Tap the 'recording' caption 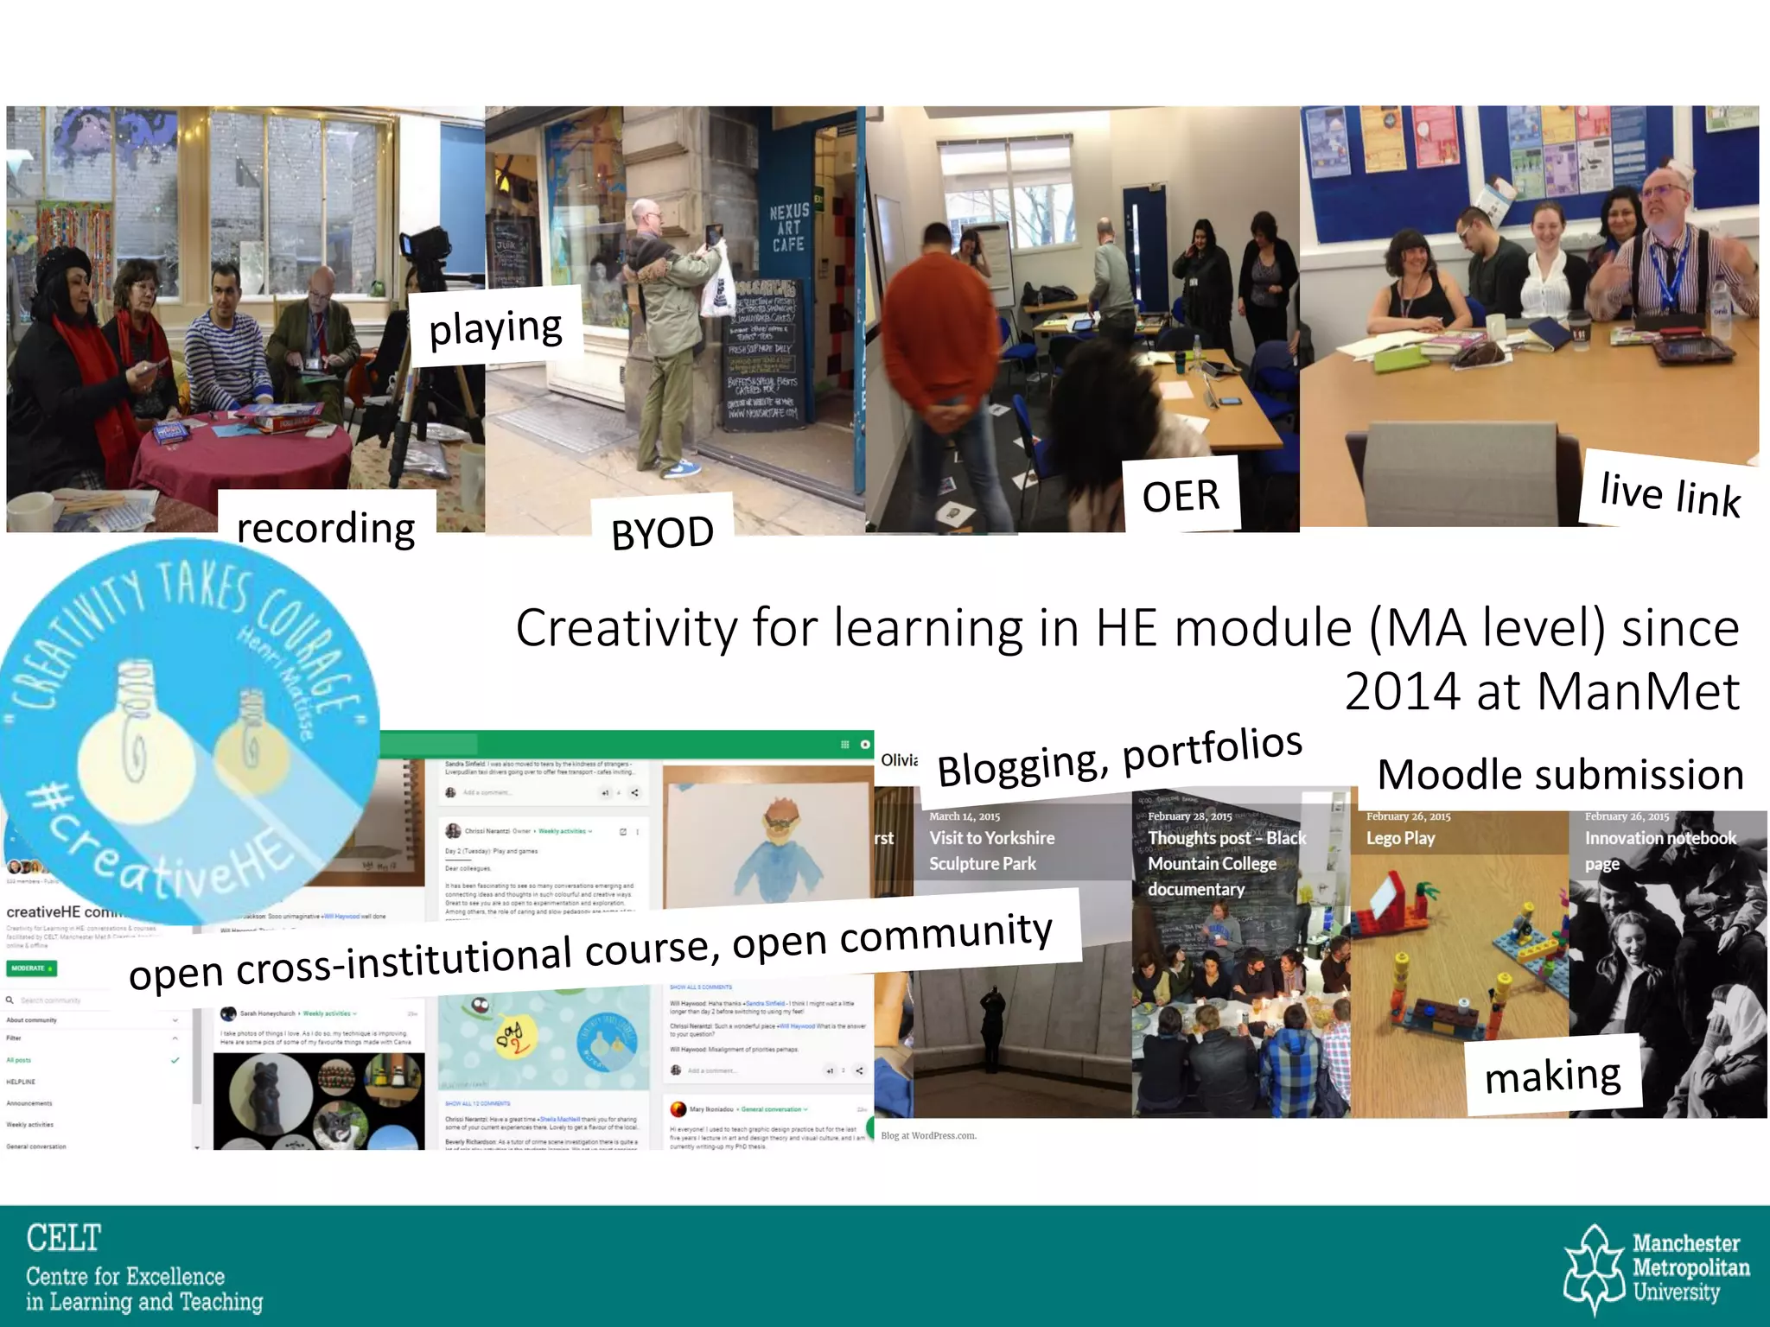326,527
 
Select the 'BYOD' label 662,532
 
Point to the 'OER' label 1181,496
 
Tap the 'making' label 1552,1076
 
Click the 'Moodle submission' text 1560,774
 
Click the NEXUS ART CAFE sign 788,227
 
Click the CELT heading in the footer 63,1238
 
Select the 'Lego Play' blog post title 1400,838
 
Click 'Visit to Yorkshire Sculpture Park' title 991,850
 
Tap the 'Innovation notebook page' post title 1659,850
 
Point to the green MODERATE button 33,968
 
